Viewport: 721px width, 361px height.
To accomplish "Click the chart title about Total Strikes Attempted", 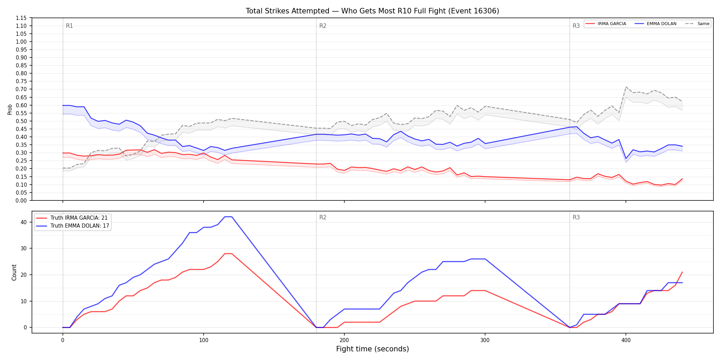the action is pos(372,11).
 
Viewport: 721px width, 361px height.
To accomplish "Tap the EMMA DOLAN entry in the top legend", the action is pos(656,24).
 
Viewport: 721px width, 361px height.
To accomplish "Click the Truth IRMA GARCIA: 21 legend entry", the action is pos(72,218).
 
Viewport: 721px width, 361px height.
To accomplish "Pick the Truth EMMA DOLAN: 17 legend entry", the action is pos(73,226).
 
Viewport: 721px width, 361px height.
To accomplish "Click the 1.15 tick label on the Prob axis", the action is pos(22,18).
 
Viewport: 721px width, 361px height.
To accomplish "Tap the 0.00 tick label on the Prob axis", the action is pos(22,200).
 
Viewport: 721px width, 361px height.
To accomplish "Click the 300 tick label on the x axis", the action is pos(485,340).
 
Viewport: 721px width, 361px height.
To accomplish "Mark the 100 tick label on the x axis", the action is pos(204,340).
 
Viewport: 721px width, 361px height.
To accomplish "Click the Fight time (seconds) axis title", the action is pos(373,349).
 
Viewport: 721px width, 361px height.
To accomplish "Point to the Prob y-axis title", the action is pos(10,109).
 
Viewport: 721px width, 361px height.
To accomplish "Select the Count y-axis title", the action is pos(14,272).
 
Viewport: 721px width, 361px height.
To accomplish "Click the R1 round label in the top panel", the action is pos(69,26).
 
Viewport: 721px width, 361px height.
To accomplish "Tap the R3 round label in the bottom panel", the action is pos(576,217).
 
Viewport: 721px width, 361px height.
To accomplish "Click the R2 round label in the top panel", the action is pos(323,26).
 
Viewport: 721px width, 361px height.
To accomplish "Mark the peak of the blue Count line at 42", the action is pos(228,217).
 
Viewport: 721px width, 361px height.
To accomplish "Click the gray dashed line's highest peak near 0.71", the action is pos(626,87).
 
